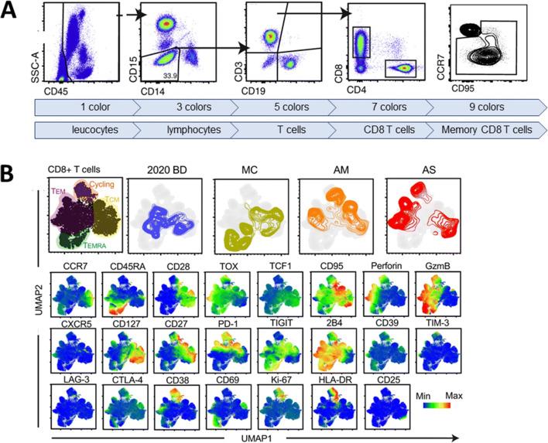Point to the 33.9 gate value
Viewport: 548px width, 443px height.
click(170, 75)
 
